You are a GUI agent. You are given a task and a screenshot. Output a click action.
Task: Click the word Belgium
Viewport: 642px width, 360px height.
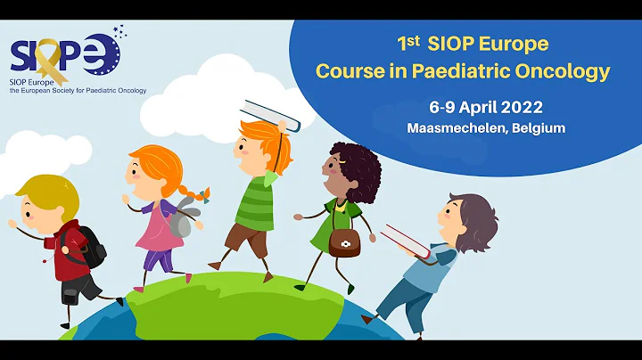pos(536,128)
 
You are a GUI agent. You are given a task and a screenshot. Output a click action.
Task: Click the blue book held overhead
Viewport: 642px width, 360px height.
pos(272,114)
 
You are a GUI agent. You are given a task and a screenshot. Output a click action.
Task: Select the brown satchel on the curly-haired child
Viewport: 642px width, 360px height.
pos(344,241)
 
